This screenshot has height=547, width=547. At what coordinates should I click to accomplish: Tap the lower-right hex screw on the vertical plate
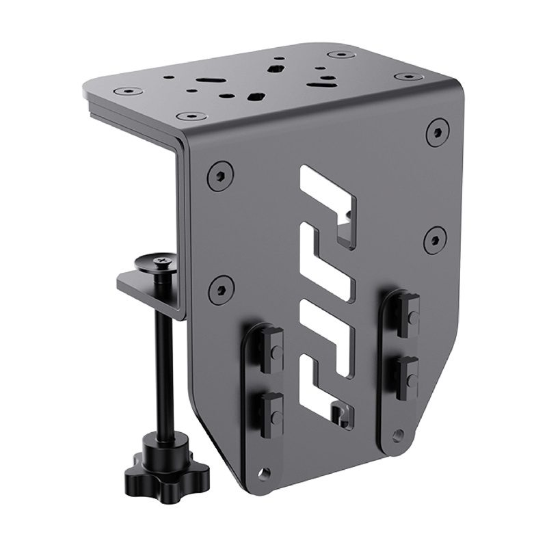[x=435, y=238]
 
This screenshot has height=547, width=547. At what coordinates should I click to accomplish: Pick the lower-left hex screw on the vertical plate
[x=219, y=287]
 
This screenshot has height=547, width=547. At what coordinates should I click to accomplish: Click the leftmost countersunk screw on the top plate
[x=126, y=90]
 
